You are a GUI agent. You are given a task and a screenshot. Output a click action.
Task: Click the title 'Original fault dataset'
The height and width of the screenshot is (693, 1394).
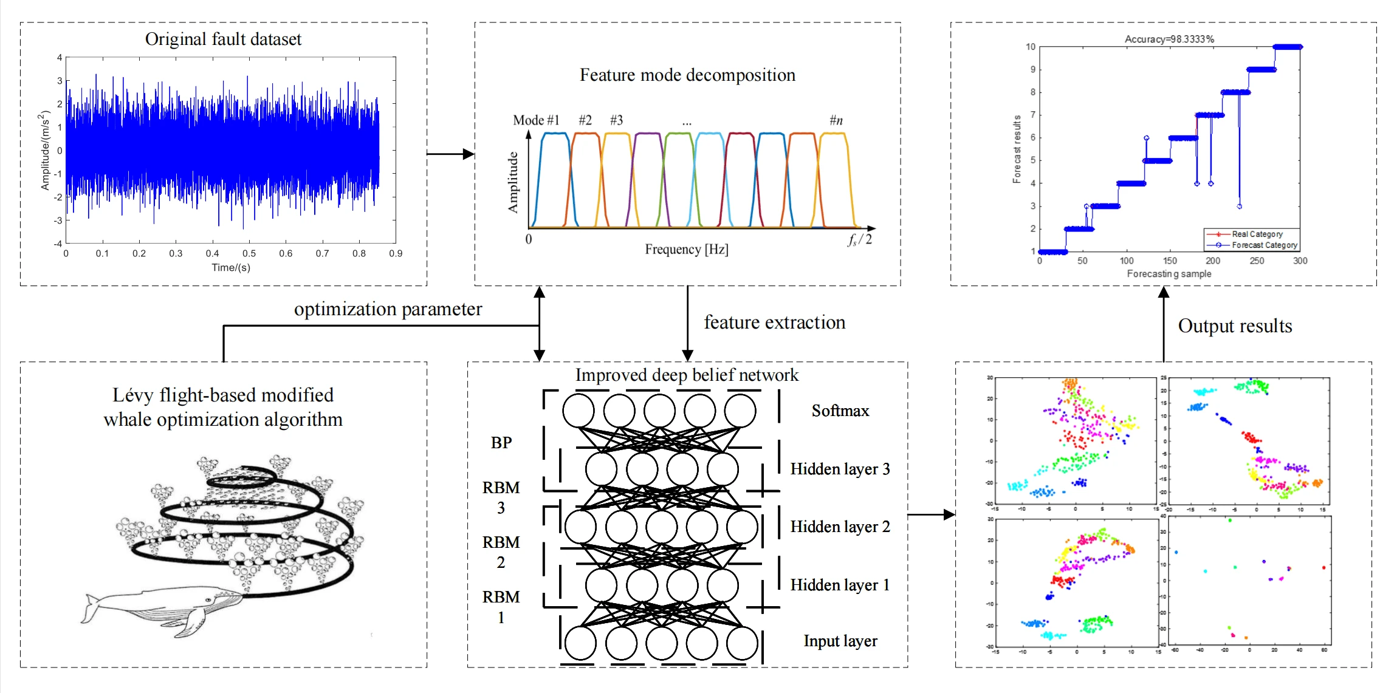click(223, 39)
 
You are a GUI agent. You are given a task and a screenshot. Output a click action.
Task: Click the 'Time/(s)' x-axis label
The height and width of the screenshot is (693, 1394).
click(230, 267)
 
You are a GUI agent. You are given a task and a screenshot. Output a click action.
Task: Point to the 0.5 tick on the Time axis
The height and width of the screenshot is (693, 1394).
click(249, 253)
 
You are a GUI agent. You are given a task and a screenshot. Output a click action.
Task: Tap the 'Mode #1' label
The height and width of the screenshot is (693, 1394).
click(535, 120)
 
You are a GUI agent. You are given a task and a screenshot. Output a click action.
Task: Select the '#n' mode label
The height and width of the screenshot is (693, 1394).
click(836, 120)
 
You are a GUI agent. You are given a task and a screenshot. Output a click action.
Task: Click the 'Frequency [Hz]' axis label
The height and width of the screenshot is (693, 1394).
click(686, 249)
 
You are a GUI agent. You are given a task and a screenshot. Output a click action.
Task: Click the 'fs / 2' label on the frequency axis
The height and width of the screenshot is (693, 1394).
click(860, 239)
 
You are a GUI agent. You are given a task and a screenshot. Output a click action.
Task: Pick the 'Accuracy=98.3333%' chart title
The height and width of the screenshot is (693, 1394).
click(1169, 39)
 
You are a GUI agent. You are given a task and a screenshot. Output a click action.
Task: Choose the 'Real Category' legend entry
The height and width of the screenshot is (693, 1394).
click(1257, 234)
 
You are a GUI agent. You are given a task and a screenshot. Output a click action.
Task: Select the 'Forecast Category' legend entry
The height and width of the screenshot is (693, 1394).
click(1264, 245)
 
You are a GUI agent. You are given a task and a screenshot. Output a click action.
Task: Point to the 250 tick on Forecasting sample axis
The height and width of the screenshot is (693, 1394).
click(1257, 261)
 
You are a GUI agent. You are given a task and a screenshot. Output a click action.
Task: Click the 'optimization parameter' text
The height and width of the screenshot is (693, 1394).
click(388, 309)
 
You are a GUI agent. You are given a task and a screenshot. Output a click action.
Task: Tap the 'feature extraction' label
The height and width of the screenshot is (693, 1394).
click(774, 323)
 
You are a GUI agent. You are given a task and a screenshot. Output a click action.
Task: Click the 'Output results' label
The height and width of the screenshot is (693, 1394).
click(1235, 326)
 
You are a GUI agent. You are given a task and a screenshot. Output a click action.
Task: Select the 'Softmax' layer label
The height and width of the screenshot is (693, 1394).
click(840, 411)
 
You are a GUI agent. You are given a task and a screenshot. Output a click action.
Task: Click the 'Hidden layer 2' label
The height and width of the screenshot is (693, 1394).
click(840, 527)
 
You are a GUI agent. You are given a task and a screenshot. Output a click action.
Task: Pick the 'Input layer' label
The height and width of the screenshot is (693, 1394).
click(840, 641)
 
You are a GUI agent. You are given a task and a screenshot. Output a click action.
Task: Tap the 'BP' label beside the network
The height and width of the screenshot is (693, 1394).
click(501, 442)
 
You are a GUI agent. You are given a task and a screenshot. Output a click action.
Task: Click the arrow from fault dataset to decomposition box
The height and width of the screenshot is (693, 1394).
click(450, 154)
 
